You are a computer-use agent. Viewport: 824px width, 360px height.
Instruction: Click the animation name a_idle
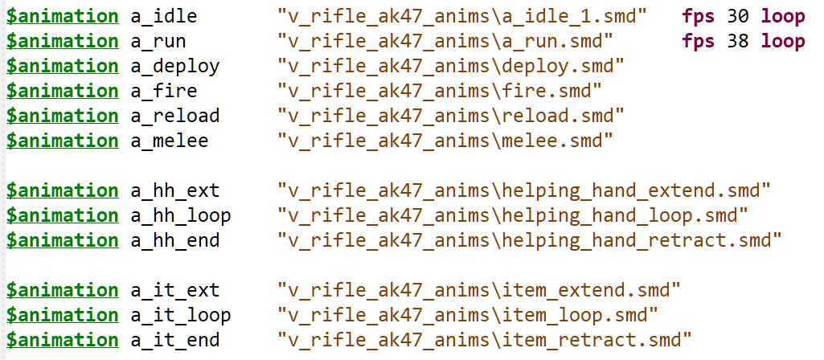[x=163, y=15]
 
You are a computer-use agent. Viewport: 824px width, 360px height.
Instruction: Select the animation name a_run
[x=158, y=40]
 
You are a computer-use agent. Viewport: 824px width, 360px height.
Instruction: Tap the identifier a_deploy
[x=174, y=65]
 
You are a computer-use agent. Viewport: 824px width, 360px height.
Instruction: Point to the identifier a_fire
[x=163, y=91]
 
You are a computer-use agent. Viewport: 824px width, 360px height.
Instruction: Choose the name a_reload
[x=174, y=116]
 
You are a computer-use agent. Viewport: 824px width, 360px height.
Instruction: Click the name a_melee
[x=169, y=141]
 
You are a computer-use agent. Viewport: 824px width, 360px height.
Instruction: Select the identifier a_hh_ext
[x=174, y=190]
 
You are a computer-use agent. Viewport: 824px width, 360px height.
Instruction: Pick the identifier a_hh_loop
[x=180, y=215]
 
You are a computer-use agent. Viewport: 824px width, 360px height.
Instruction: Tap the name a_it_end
[x=174, y=340]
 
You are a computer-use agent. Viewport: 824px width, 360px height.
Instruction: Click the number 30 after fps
[x=737, y=15]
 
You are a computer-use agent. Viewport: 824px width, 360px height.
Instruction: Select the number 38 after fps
[x=737, y=40]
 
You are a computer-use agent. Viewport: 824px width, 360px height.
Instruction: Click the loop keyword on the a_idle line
[x=783, y=15]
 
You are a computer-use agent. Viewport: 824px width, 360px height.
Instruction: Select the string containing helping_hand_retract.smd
[x=529, y=240]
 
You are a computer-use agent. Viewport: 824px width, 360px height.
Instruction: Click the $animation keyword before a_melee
[x=62, y=141]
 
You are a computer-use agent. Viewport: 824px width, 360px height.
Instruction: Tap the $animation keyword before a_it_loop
[x=62, y=315]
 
